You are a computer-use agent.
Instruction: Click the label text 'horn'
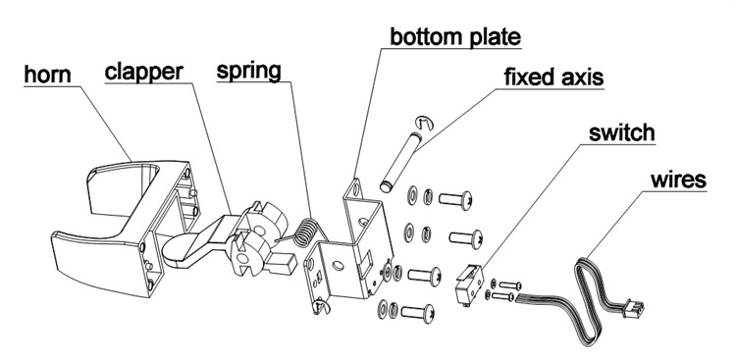pyautogui.click(x=47, y=76)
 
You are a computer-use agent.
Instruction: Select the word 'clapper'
pyautogui.click(x=143, y=72)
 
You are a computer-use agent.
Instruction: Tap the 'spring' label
pyautogui.click(x=249, y=71)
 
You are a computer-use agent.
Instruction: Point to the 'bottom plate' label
pyautogui.click(x=455, y=37)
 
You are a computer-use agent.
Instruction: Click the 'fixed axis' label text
pyautogui.click(x=553, y=77)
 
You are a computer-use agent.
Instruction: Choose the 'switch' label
pyautogui.click(x=622, y=132)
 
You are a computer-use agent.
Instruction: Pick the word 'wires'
pyautogui.click(x=678, y=180)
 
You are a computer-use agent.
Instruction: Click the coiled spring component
pyautogui.click(x=305, y=231)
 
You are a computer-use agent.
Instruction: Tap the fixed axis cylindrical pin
pyautogui.click(x=400, y=162)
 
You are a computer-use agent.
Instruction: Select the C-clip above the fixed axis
pyautogui.click(x=425, y=123)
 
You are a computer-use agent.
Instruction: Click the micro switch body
pyautogui.click(x=469, y=284)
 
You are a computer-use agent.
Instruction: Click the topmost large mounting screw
pyautogui.click(x=455, y=200)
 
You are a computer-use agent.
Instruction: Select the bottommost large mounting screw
pyautogui.click(x=418, y=313)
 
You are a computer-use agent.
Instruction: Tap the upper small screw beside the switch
pyautogui.click(x=510, y=284)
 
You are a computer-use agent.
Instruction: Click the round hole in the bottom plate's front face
pyautogui.click(x=338, y=266)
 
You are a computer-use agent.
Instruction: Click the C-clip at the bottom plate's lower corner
pyautogui.click(x=322, y=306)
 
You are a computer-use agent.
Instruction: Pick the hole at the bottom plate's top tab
pyautogui.click(x=355, y=188)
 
